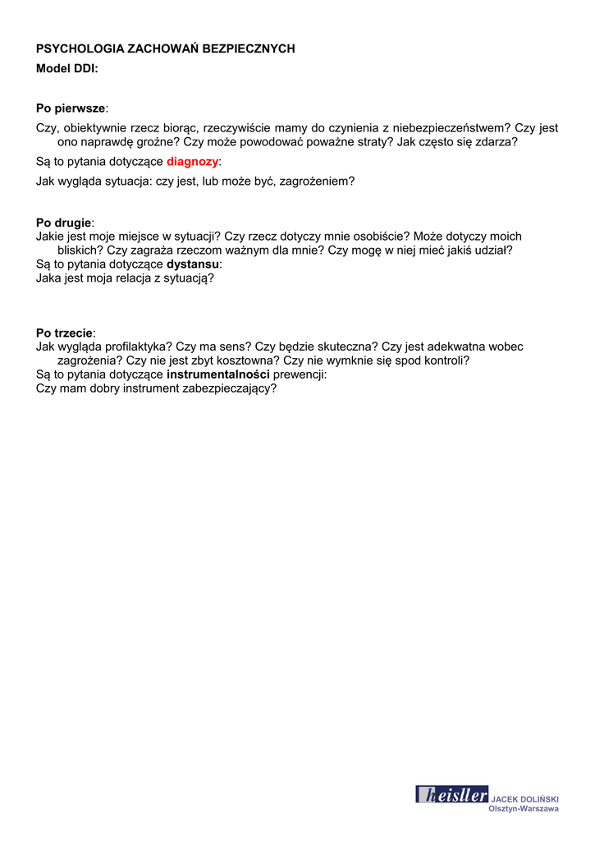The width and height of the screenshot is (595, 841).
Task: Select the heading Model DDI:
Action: pyautogui.click(x=67, y=69)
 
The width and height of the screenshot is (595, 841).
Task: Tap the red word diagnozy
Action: pyautogui.click(x=193, y=162)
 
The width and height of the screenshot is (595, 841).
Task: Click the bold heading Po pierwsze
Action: pyautogui.click(x=71, y=108)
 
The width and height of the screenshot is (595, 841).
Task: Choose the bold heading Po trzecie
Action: pyautogui.click(x=65, y=333)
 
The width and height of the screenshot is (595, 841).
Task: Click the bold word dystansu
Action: pyautogui.click(x=193, y=264)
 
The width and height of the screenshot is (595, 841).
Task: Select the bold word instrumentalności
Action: pyautogui.click(x=217, y=375)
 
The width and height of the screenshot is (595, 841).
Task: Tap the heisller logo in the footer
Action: pyautogui.click(x=451, y=794)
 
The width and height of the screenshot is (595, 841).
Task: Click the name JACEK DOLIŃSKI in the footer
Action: pyautogui.click(x=524, y=799)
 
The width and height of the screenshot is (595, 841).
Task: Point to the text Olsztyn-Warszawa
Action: pyautogui.click(x=524, y=809)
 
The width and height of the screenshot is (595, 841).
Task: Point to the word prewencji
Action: pyautogui.click(x=299, y=375)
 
